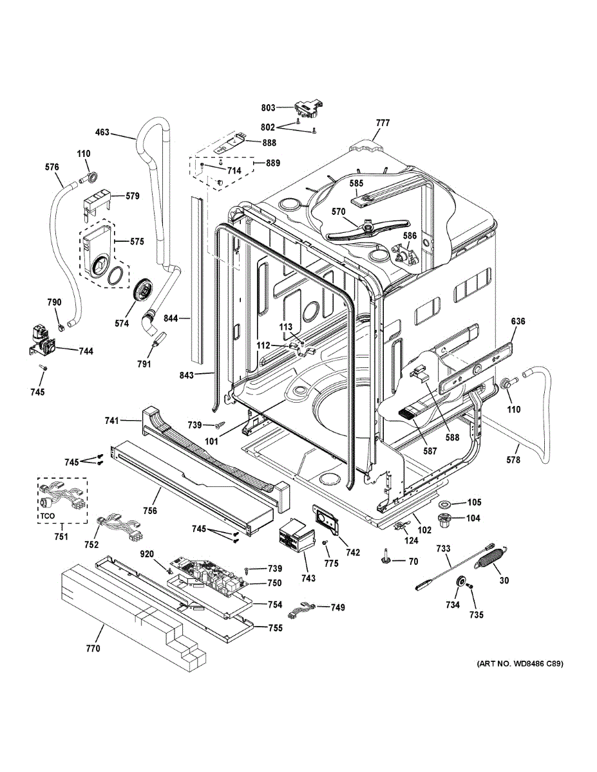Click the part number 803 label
point(268,108)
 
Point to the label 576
point(52,167)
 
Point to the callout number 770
point(93,648)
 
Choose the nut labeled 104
point(444,519)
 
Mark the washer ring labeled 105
point(444,503)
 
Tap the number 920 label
point(147,553)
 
